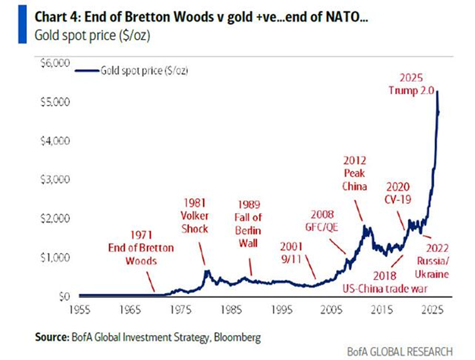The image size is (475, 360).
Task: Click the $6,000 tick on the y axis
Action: [x=55, y=63]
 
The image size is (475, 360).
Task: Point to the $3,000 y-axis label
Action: [x=55, y=180]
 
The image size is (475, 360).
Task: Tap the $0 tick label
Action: [x=65, y=296]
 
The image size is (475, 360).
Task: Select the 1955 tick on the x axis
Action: [x=79, y=309]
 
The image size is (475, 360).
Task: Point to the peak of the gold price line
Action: [x=436, y=92]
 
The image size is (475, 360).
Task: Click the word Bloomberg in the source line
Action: [x=237, y=337]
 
